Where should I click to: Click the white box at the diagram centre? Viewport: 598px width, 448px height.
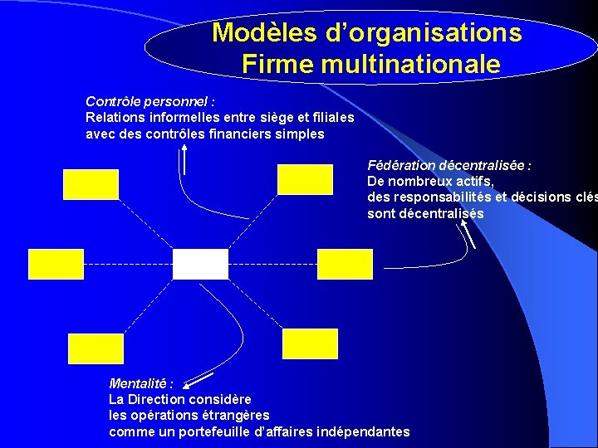coord(200,264)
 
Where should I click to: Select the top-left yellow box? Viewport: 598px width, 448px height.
coord(91,183)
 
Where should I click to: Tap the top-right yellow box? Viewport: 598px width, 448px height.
coord(304,178)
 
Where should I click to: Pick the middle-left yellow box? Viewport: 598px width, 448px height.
coord(56,264)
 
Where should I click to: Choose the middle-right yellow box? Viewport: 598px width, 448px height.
coord(346,264)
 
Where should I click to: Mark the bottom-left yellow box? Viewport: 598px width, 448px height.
coord(96,348)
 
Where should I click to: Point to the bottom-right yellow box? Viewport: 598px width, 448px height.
coord(311,343)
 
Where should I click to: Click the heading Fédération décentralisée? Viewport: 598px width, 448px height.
coord(448,165)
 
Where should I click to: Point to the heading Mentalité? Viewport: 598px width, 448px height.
coord(141,383)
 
